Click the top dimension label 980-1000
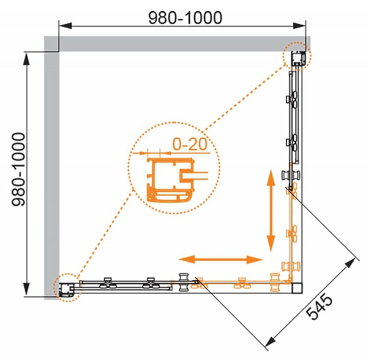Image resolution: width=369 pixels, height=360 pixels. tap(185, 18)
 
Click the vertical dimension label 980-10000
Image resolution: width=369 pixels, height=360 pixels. tap(18, 169)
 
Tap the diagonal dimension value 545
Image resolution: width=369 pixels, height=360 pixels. tap(319, 306)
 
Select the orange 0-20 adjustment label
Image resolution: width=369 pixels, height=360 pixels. tap(190, 144)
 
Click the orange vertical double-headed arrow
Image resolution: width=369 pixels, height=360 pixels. tap(271, 210)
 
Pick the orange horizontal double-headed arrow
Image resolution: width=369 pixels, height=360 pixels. tap(220, 259)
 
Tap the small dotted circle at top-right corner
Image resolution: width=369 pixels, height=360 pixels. tap(297, 56)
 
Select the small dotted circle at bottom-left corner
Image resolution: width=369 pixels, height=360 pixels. tap(67, 288)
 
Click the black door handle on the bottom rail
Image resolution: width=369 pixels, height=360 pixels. tap(184, 282)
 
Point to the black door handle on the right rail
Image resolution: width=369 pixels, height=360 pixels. tap(291, 175)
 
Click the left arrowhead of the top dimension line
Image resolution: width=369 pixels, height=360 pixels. tap(65, 26)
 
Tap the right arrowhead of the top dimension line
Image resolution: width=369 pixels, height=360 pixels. tap(299, 26)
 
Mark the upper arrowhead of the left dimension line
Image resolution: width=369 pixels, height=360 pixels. tap(27, 59)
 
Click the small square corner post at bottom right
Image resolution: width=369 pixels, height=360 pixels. tap(297, 288)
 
